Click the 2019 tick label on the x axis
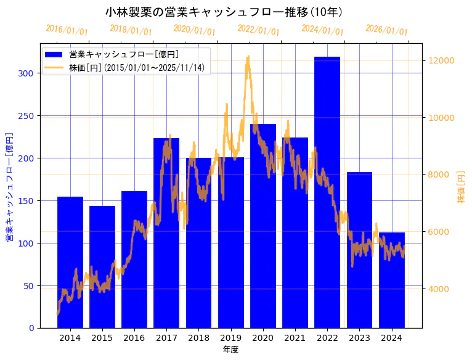pos(230,338)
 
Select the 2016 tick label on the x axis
pos(134,338)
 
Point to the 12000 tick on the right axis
pos(442,60)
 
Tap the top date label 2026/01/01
pos(387,30)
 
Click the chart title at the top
pos(224,12)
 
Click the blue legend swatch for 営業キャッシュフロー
pos(54,54)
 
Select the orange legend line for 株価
pos(54,67)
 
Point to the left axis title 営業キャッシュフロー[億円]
pos(9,187)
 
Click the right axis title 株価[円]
pos(461,187)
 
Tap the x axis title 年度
pos(230,350)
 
